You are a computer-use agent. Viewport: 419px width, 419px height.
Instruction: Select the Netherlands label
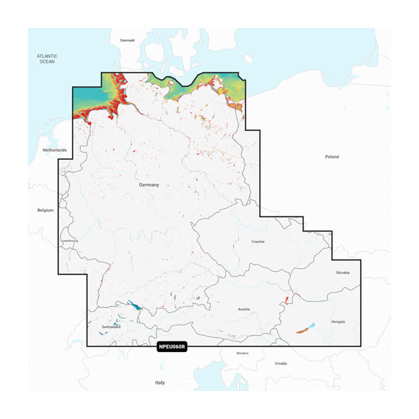[54, 150]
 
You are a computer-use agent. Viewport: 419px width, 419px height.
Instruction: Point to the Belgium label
[45, 209]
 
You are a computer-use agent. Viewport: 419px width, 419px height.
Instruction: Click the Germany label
[149, 185]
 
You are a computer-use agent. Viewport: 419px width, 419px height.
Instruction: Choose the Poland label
[331, 157]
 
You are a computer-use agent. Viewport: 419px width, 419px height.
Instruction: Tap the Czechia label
[258, 241]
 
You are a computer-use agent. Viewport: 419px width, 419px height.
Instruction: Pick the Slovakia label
[342, 272]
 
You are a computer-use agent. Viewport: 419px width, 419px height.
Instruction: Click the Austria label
[243, 309]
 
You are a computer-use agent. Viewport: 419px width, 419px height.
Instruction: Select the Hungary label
[338, 322]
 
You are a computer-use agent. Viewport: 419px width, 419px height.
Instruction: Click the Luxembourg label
[70, 241]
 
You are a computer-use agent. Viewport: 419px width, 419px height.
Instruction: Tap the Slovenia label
[242, 353]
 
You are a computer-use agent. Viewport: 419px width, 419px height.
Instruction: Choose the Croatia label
[281, 363]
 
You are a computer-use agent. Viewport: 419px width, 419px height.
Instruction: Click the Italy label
[161, 383]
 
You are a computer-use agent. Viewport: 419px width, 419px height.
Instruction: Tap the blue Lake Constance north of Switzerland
[133, 306]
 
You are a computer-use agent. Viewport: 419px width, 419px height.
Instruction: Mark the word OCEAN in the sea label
[47, 62]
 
